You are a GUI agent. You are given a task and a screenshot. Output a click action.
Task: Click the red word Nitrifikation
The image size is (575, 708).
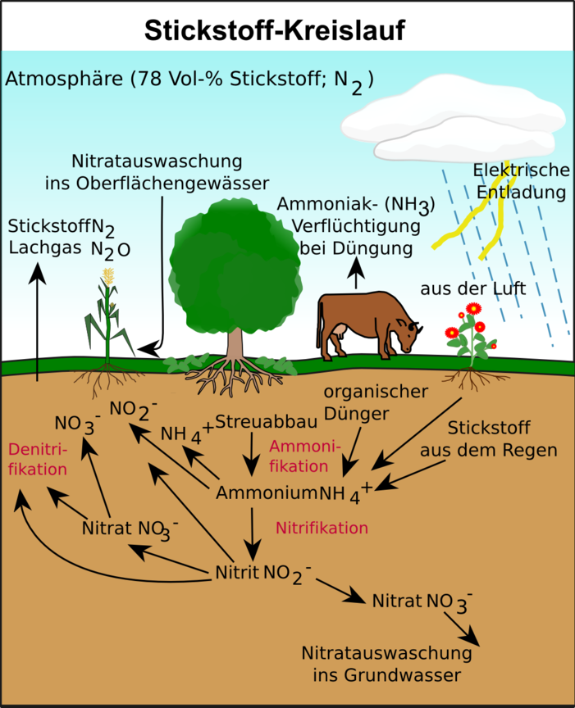(322, 527)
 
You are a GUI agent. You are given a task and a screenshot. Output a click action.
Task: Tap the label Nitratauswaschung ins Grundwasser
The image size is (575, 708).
(387, 665)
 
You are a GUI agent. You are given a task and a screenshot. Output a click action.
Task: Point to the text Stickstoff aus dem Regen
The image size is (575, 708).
(489, 438)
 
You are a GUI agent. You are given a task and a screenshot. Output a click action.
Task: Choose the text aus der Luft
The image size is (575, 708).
(472, 288)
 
